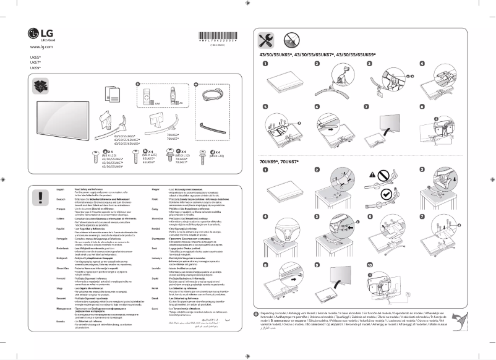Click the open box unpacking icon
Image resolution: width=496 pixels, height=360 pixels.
click(43, 87)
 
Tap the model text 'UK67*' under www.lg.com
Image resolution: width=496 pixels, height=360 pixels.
click(35, 62)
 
